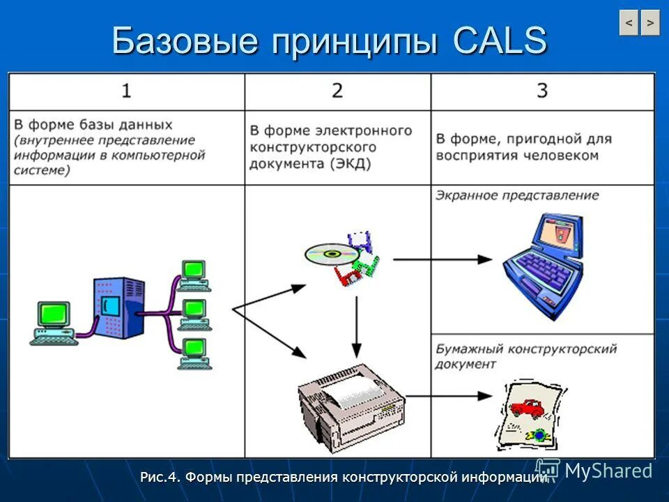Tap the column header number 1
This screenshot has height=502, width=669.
pyautogui.click(x=126, y=91)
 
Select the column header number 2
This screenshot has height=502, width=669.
pyautogui.click(x=337, y=91)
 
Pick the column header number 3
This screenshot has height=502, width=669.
pyautogui.click(x=542, y=91)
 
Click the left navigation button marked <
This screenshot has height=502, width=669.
pyautogui.click(x=629, y=23)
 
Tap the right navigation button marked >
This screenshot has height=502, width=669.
pyautogui.click(x=650, y=23)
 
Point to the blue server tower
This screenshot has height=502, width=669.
pyautogui.click(x=119, y=307)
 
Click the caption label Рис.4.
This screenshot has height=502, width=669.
pyautogui.click(x=161, y=478)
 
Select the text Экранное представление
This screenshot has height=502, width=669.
pyautogui.click(x=517, y=195)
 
